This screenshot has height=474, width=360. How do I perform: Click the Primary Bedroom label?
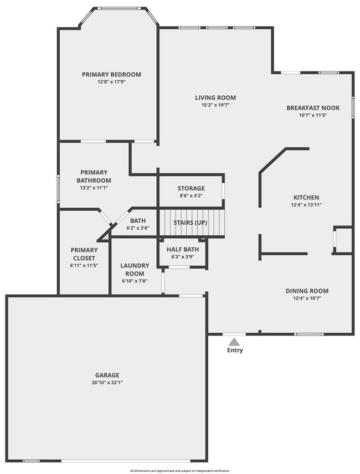point(111,74)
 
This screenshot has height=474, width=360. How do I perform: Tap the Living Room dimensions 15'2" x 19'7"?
point(212,105)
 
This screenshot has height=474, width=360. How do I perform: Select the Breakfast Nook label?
point(313,108)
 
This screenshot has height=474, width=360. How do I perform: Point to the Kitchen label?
point(306,197)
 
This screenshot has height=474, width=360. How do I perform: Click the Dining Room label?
point(307,291)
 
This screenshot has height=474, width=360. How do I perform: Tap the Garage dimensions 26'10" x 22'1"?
point(107,382)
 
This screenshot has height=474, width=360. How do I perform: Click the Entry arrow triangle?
point(235,342)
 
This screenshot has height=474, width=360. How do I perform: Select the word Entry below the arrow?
point(235,350)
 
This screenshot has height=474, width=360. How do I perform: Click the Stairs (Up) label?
point(191,222)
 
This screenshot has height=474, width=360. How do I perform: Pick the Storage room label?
point(191,188)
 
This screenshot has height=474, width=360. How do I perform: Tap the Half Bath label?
point(182,249)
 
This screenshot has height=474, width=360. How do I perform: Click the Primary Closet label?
point(84,254)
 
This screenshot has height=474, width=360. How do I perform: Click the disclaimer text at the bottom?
point(180,471)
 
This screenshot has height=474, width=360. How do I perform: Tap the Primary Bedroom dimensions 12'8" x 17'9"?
point(111,82)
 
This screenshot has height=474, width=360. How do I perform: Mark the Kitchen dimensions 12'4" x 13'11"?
point(306,205)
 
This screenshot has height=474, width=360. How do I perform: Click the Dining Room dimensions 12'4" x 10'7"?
point(307,298)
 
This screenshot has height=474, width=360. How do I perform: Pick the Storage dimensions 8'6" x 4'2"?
point(191,195)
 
